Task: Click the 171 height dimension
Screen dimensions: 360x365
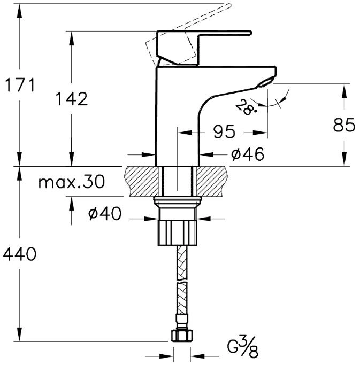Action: (20, 85)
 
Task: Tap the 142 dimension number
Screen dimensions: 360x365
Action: (72, 99)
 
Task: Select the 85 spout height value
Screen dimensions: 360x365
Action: (344, 125)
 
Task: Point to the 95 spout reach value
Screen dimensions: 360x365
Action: (224, 132)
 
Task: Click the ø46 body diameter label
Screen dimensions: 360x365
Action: (248, 154)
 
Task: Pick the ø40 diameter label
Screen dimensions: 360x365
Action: (105, 213)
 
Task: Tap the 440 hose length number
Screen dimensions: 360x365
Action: (20, 254)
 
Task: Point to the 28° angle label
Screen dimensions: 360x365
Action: (246, 107)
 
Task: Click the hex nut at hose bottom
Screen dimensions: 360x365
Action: (182, 335)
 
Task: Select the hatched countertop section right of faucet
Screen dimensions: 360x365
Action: (211, 181)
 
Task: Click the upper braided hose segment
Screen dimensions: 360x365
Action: (182, 262)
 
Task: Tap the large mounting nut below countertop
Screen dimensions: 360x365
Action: (177, 233)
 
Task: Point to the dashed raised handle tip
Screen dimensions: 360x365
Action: (229, 5)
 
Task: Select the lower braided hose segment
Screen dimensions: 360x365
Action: (182, 299)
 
